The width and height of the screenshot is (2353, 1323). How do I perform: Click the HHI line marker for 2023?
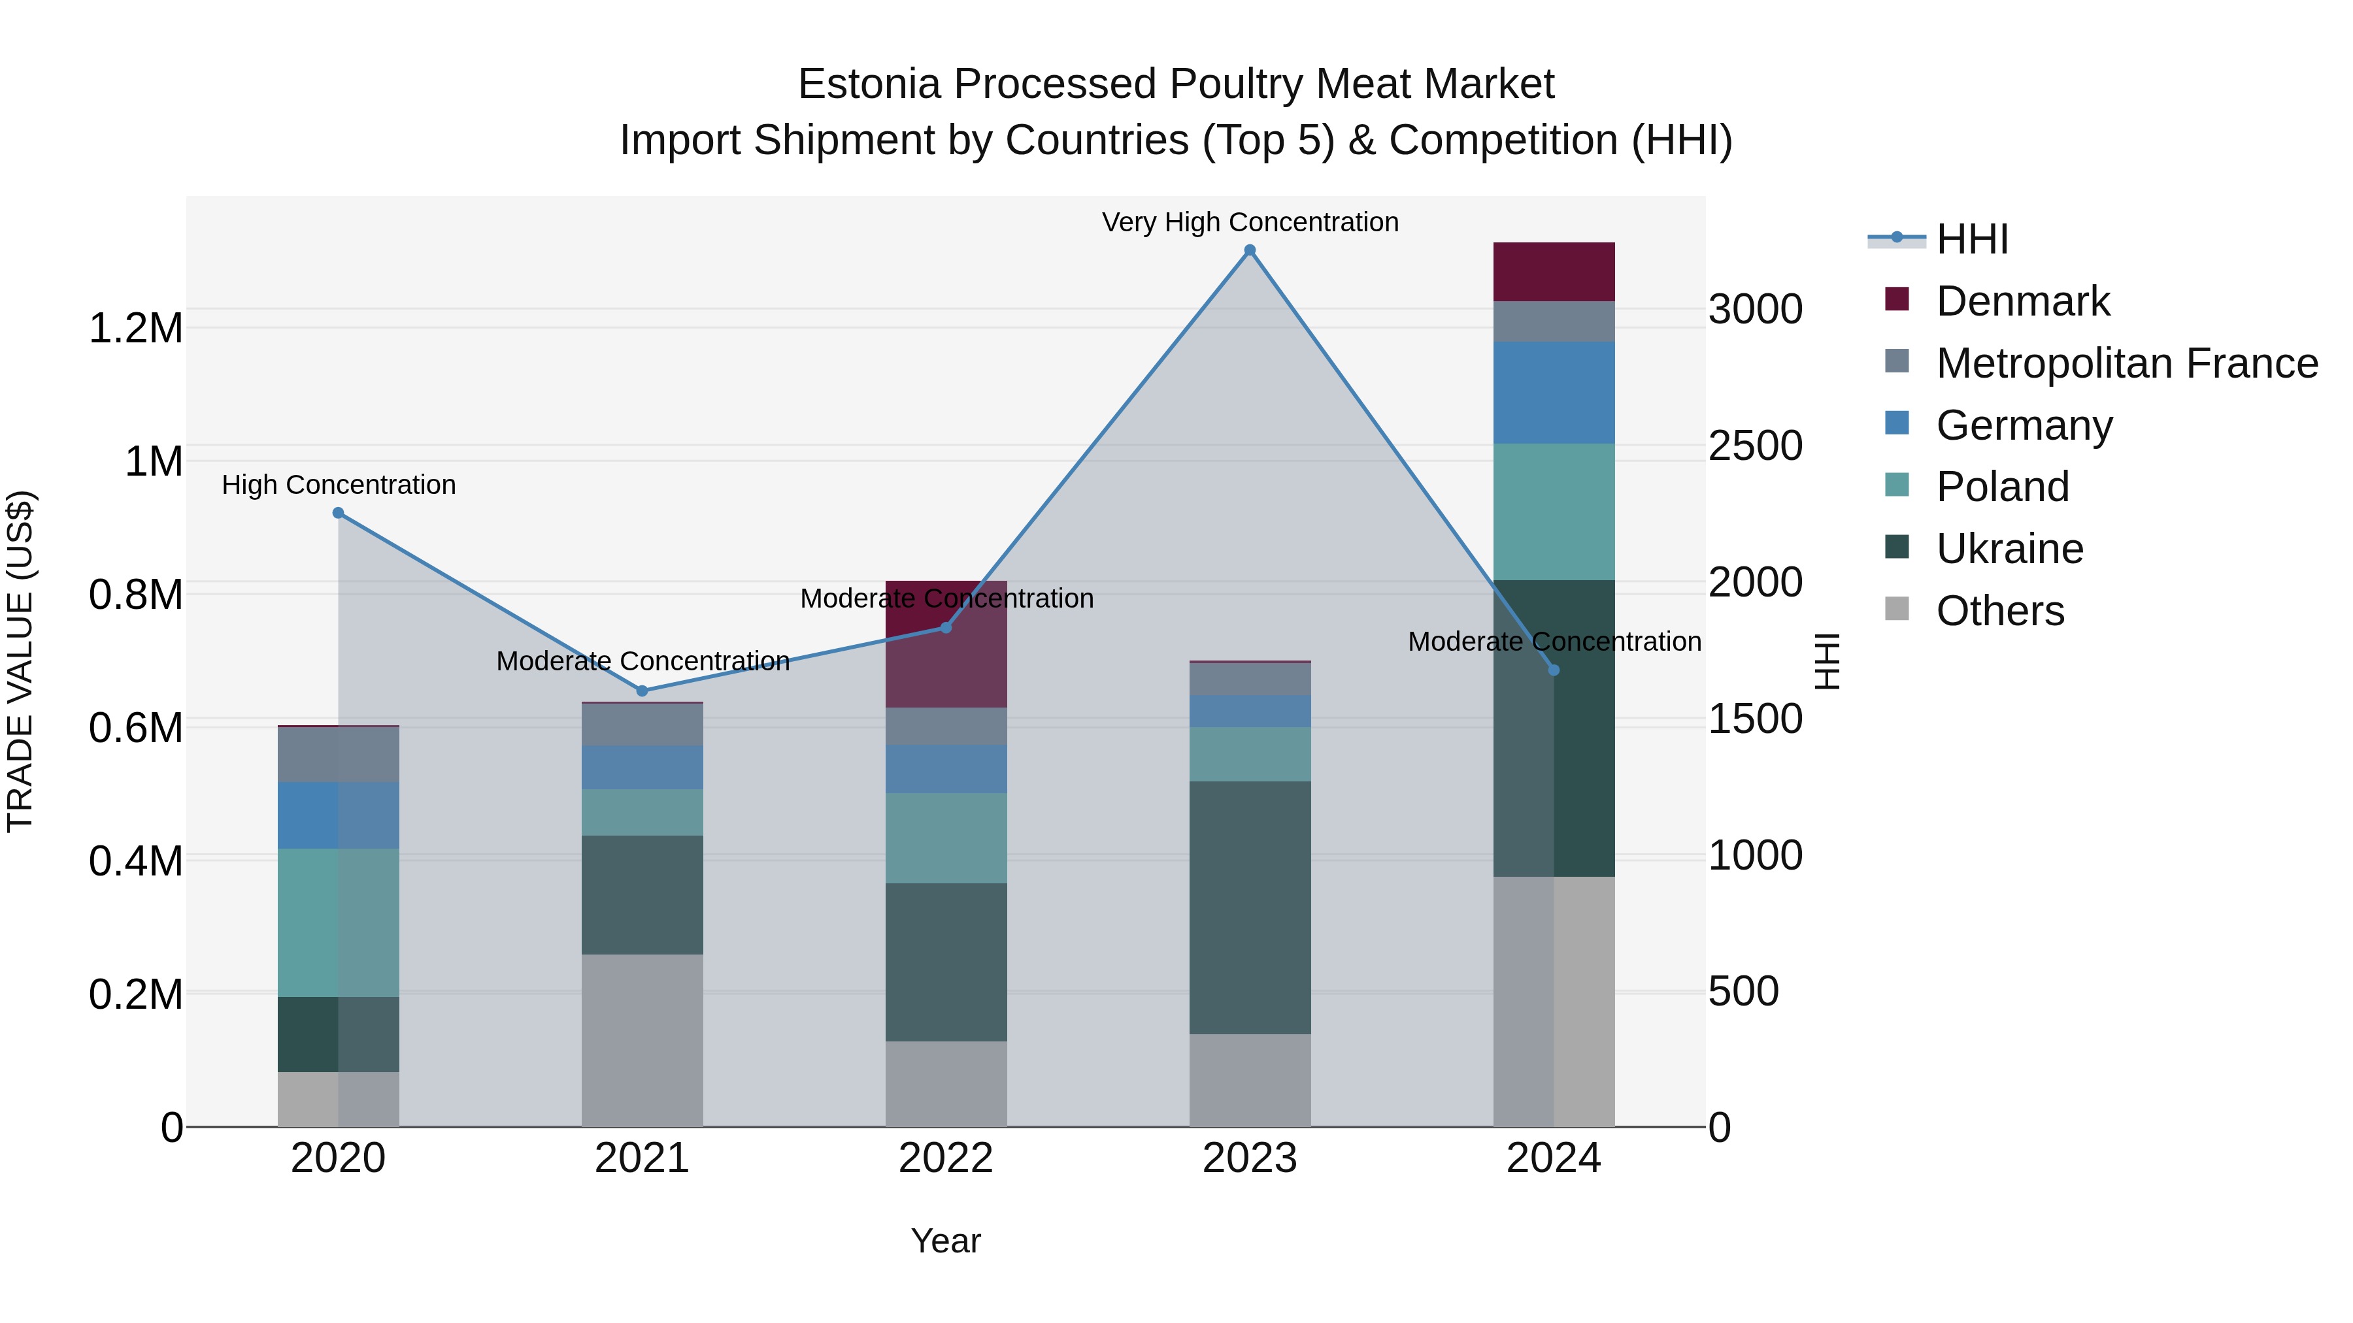click(1250, 250)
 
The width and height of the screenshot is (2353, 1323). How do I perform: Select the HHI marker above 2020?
click(338, 513)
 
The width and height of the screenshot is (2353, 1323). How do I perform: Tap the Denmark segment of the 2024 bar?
click(1554, 272)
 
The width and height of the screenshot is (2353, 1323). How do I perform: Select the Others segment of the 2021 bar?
click(642, 1040)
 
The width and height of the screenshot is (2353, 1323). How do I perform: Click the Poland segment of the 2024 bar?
click(1554, 512)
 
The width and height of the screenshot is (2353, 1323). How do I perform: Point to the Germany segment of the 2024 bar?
click(1554, 393)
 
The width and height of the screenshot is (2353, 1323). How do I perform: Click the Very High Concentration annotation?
click(1250, 222)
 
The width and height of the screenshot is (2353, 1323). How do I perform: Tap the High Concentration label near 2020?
click(338, 485)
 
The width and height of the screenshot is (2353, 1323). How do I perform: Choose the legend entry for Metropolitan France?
click(2126, 363)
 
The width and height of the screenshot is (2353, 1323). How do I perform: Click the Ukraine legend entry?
click(2010, 549)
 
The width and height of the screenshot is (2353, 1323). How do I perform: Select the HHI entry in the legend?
click(1971, 239)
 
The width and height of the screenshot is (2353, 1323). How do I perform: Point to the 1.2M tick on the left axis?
click(135, 328)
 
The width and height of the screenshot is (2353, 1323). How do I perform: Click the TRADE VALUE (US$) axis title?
click(20, 661)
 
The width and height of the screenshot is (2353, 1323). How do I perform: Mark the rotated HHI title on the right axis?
click(1826, 661)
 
